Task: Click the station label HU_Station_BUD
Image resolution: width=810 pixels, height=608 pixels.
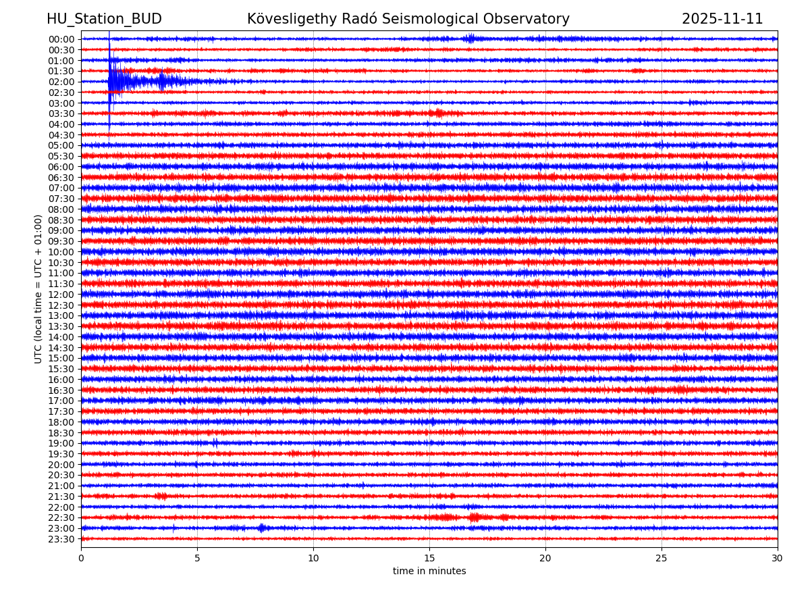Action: click(x=104, y=20)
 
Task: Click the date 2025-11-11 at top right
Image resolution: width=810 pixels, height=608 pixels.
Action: click(x=722, y=20)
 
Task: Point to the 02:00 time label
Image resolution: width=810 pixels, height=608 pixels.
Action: click(x=61, y=82)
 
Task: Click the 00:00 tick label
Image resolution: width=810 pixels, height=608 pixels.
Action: click(x=61, y=39)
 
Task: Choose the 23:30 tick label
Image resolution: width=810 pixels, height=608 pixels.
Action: click(x=61, y=539)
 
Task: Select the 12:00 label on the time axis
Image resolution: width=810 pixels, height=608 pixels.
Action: click(x=61, y=295)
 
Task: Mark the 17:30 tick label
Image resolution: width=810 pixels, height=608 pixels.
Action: click(x=61, y=411)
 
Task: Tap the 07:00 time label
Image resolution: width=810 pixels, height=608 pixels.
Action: click(x=61, y=188)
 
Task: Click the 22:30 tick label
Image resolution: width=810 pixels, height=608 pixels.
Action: click(x=61, y=517)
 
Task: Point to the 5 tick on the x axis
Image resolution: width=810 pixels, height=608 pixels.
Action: click(x=197, y=558)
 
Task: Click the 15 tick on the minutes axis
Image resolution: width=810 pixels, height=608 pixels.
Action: click(x=429, y=558)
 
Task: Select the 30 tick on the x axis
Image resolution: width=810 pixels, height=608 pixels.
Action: click(x=778, y=558)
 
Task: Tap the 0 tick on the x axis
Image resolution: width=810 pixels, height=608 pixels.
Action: click(x=81, y=558)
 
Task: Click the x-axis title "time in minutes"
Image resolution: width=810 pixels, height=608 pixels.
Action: click(x=429, y=572)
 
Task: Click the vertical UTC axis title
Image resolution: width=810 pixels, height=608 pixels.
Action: click(x=38, y=288)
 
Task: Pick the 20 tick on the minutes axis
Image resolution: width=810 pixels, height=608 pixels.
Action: click(x=545, y=558)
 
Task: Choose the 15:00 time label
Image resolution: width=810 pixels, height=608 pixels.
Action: click(x=61, y=358)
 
